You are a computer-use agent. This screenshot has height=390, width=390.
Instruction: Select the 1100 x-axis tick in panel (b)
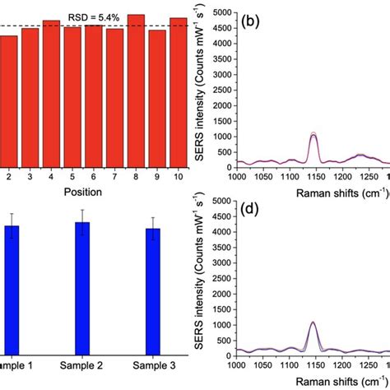(x=288, y=176)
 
